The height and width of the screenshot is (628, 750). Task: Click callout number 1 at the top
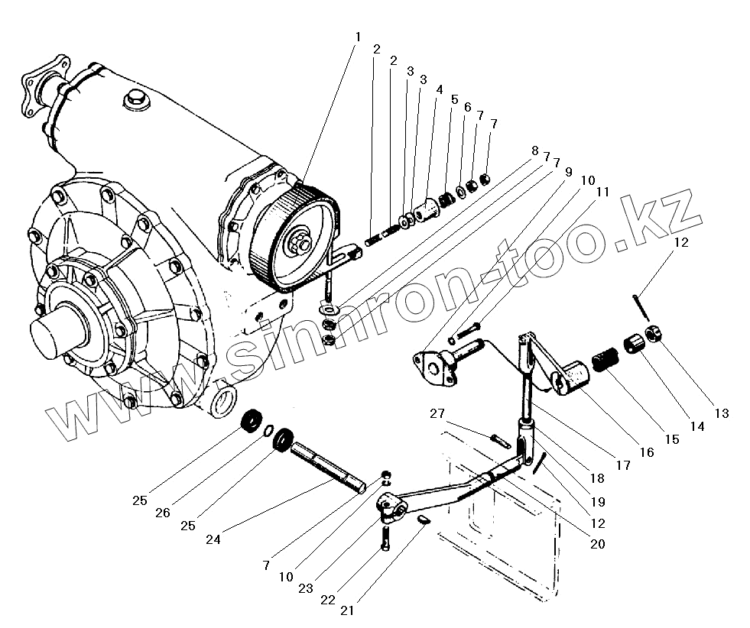click(x=357, y=37)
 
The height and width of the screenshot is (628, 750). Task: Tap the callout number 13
click(x=721, y=413)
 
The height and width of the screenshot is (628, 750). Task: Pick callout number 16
click(x=647, y=452)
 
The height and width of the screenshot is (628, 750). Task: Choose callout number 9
click(x=567, y=172)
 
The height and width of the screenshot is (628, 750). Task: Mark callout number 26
click(x=162, y=513)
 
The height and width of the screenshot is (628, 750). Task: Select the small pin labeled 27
click(x=501, y=441)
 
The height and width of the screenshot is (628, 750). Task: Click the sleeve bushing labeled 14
click(x=633, y=343)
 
